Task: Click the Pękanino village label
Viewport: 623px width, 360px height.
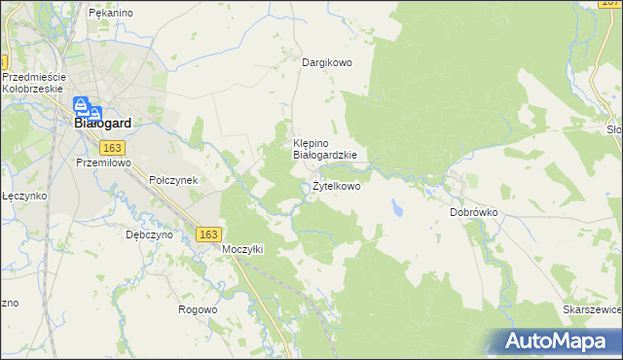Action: tap(110, 13)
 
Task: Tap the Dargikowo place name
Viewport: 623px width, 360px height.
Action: tap(326, 62)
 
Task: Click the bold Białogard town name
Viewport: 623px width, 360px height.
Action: tap(103, 124)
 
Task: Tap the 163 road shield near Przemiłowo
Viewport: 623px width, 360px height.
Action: tap(111, 147)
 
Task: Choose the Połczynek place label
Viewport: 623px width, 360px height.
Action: tap(173, 181)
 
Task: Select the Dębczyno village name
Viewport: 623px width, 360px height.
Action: tap(149, 234)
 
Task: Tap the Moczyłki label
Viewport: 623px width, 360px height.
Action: tap(243, 249)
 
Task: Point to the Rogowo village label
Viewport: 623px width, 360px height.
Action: tap(198, 309)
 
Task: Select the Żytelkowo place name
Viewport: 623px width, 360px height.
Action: tap(336, 186)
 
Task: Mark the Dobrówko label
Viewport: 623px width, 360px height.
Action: tap(474, 211)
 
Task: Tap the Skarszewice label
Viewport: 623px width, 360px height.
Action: tap(592, 309)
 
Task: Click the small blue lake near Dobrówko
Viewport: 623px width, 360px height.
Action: tap(398, 207)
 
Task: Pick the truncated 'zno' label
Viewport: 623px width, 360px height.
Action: tap(9, 303)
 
